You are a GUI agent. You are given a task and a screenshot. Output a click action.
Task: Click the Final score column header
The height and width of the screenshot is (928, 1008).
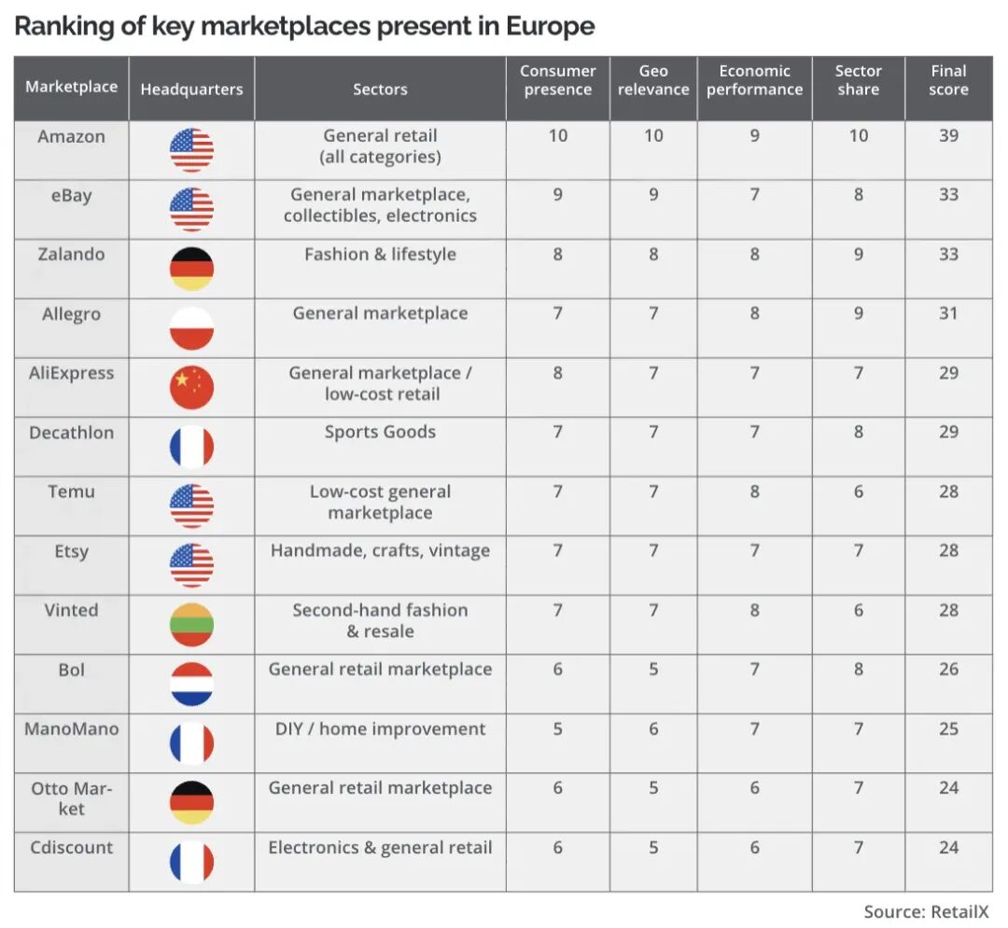click(948, 80)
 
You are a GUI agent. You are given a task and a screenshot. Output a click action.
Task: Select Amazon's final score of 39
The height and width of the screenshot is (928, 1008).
click(948, 135)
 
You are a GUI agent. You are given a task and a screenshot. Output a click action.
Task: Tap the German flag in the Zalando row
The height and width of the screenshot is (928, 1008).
click(191, 269)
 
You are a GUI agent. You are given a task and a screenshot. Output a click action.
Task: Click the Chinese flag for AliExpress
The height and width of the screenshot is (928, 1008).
click(191, 387)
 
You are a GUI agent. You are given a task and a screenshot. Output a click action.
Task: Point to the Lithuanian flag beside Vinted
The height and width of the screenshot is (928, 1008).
click(191, 625)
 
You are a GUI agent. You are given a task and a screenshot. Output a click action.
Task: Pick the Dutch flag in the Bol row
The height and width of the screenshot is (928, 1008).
click(191, 684)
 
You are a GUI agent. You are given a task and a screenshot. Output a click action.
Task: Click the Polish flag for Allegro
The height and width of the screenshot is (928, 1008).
click(191, 328)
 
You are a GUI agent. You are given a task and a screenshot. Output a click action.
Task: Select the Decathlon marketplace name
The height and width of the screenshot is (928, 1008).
click(71, 433)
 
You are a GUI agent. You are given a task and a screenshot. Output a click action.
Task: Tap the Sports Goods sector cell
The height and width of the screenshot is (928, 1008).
click(380, 432)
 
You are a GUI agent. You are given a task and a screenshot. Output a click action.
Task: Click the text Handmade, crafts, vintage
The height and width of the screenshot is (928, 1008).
click(380, 551)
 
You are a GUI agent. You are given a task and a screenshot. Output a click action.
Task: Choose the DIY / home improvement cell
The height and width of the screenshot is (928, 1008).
click(380, 729)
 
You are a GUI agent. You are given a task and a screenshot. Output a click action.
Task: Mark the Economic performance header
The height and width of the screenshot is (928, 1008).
click(754, 80)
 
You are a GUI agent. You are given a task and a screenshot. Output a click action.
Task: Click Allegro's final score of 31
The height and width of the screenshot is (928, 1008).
click(948, 313)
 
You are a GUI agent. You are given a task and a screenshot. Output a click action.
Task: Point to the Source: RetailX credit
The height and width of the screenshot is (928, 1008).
click(927, 912)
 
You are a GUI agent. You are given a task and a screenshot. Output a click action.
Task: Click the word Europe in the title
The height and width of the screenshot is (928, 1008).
click(551, 27)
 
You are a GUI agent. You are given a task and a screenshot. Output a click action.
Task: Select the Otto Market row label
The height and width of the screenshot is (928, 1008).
click(71, 798)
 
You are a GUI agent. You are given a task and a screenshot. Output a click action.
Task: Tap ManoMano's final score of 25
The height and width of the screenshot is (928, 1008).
click(948, 729)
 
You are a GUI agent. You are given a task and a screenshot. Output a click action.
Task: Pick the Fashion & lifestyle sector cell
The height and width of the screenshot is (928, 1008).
click(380, 255)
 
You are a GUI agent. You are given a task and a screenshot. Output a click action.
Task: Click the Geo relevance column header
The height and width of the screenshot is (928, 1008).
click(653, 80)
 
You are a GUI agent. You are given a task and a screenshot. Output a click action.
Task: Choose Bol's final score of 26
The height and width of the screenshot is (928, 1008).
click(948, 670)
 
